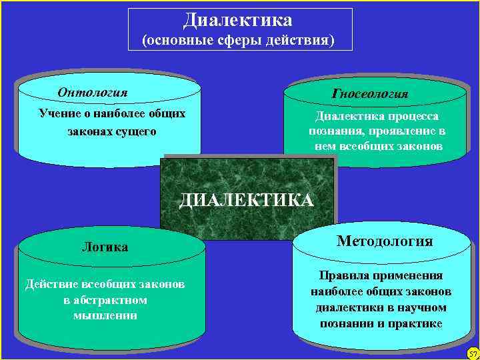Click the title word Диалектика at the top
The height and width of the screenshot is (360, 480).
(x=238, y=20)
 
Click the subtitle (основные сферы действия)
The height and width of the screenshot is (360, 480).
(x=239, y=41)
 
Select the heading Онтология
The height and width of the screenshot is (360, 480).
(x=93, y=92)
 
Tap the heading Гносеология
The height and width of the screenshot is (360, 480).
(x=370, y=94)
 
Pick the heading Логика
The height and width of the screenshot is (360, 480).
(x=105, y=247)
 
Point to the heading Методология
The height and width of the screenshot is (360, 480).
(x=385, y=241)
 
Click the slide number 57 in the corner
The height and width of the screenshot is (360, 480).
(x=473, y=353)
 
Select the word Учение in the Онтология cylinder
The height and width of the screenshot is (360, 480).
(x=59, y=113)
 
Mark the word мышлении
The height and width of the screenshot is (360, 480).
(x=105, y=315)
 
